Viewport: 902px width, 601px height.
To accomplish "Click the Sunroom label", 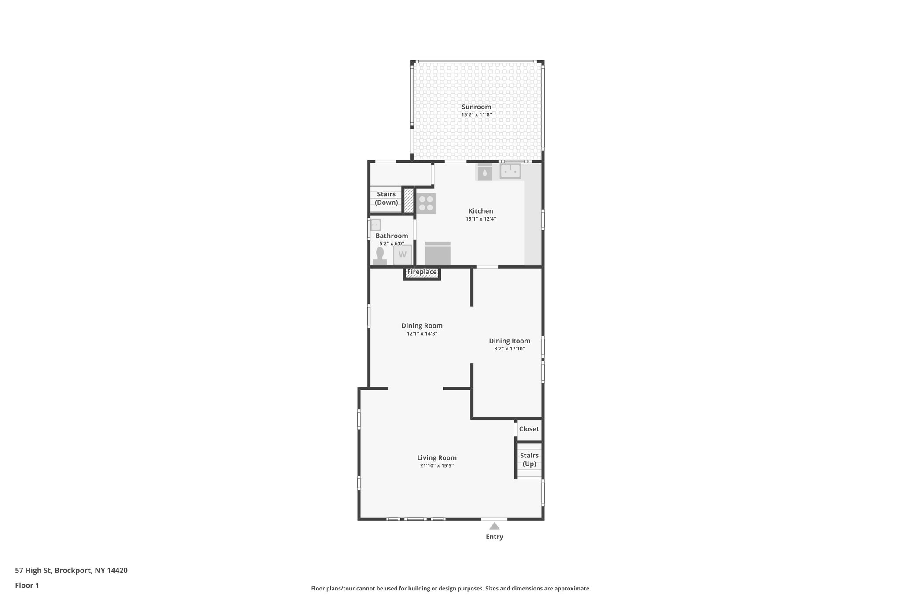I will coord(476,107).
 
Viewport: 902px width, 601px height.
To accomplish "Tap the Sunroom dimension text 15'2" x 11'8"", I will coord(476,115).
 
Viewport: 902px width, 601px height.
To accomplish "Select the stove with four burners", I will coord(426,203).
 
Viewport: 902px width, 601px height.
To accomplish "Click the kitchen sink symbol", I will coord(510,171).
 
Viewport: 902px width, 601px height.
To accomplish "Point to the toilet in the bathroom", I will coord(380,255).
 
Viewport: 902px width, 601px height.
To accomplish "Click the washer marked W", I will coord(402,254).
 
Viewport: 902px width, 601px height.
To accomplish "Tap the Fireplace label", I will coord(421,272).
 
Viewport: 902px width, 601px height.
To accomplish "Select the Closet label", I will coord(529,429).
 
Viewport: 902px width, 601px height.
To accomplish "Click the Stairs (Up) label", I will coord(529,460).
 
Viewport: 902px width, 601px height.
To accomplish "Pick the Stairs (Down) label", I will coord(386,199).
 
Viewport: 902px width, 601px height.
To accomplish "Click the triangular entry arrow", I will coord(494,526).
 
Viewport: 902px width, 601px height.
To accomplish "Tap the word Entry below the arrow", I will coord(494,537).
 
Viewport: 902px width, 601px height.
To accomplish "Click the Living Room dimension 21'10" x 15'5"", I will coord(436,466).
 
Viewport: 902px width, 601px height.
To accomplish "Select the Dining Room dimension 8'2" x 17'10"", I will coord(509,349).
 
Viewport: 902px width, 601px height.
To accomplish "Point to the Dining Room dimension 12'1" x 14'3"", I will coord(421,334).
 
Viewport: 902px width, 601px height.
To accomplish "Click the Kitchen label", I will coord(481,211).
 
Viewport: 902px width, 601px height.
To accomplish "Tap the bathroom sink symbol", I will coord(375,225).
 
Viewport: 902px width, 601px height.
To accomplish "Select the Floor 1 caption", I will coord(27,586).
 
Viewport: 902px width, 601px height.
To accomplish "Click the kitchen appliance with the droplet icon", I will coord(484,173).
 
